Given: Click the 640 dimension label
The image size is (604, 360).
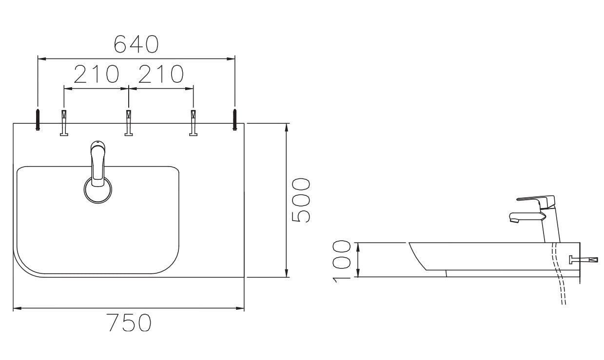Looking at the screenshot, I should pos(136,44).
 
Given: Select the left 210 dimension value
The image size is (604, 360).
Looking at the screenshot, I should pos(97,75).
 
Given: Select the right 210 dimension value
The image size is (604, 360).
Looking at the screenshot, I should pos(160,75).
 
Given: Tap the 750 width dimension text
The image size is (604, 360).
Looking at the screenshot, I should pos(129,323).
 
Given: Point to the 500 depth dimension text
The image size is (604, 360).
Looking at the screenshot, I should pos(301,200).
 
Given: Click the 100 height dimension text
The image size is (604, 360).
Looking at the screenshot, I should pos(344,260).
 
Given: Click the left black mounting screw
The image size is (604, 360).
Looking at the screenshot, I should pos(38,120).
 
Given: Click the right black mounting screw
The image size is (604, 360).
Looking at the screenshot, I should pos(234,120).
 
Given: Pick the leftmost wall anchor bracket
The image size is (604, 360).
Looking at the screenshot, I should pos(64,123).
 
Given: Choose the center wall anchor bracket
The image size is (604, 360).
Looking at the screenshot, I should pos(128,123).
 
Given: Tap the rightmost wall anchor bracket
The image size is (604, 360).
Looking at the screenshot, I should pos(193,123).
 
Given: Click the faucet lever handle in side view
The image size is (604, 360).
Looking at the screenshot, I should pos(535,199).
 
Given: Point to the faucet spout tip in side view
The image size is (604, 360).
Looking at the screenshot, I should pos(513,221).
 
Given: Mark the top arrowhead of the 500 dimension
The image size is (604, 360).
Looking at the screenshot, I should pos(287,127).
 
